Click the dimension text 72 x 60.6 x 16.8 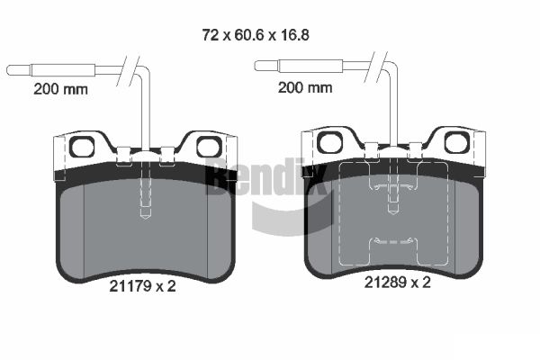pyautogui.click(x=256, y=35)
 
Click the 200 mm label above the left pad pyautogui.click(x=60, y=89)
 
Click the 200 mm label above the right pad pyautogui.click(x=305, y=87)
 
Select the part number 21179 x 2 pyautogui.click(x=142, y=286)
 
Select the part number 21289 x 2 pyautogui.click(x=398, y=283)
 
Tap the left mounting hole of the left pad pyautogui.click(x=82, y=147)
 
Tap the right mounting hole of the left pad pyautogui.click(x=209, y=147)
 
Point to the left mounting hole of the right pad pyautogui.click(x=329, y=142)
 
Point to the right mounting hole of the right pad pyautogui.click(x=456, y=142)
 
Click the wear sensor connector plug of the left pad pyautogui.click(x=50, y=70)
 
